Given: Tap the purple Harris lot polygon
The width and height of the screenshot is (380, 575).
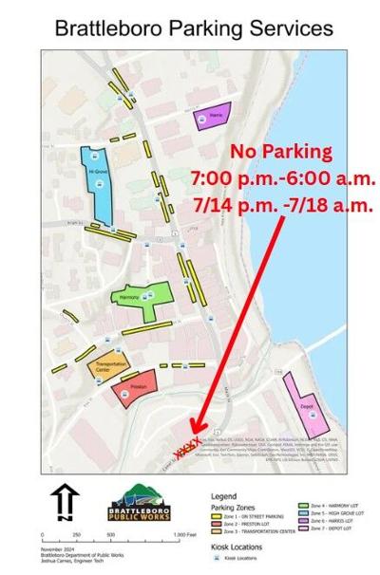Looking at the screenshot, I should tap(210, 118).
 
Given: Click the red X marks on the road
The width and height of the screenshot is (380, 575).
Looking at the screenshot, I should tap(188, 442).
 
